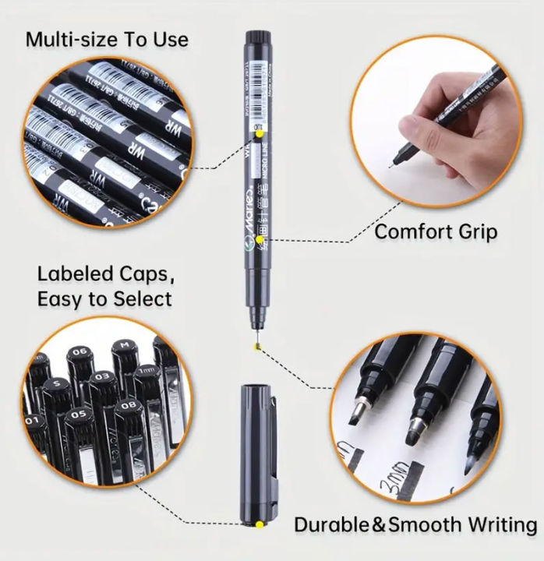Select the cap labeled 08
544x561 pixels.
(x=130, y=404)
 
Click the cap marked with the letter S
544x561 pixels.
(x=56, y=384)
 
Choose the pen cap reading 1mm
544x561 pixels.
(x=147, y=372)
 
